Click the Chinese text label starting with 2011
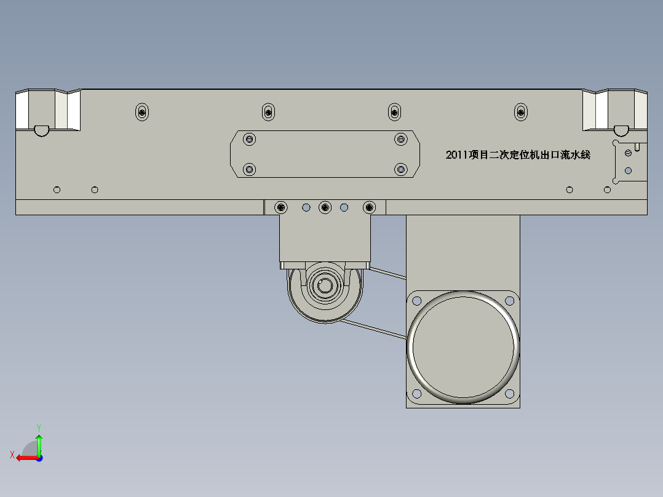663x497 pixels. tap(518, 155)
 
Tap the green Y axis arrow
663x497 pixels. tap(39, 445)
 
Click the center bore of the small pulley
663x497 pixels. tap(325, 286)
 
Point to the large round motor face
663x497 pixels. tap(463, 348)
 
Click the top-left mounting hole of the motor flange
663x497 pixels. tap(416, 301)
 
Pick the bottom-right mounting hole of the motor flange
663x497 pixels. tap(509, 394)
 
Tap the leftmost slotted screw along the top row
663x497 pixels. tap(142, 112)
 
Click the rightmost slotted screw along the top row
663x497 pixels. tap(521, 112)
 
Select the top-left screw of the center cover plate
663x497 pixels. tap(250, 139)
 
